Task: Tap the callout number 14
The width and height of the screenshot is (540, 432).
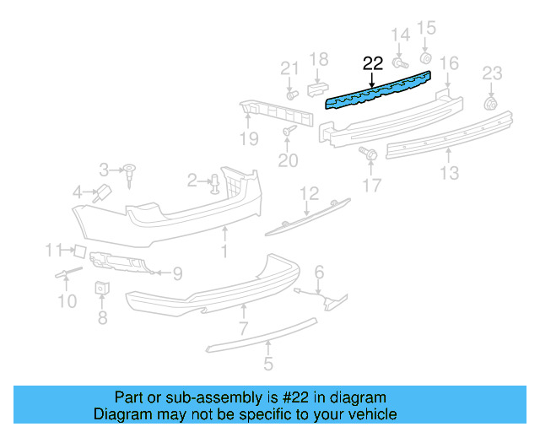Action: [x=399, y=35]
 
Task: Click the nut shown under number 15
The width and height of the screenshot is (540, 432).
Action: [x=426, y=58]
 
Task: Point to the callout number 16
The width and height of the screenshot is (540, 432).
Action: [x=449, y=63]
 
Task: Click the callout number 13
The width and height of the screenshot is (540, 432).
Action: [x=449, y=173]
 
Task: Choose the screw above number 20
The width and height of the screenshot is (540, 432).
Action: [x=289, y=131]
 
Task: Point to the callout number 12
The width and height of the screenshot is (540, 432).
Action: [x=309, y=193]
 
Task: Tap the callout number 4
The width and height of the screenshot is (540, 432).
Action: [x=78, y=192]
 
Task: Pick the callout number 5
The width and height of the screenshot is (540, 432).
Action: [x=267, y=365]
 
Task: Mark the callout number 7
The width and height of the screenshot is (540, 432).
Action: [x=242, y=328]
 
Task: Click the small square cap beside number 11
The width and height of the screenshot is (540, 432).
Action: [x=77, y=250]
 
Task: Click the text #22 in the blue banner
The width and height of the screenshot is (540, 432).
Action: [x=315, y=397]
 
